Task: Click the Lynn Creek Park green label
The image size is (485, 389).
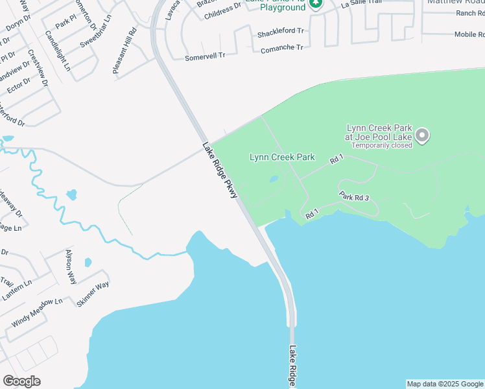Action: coord(282,157)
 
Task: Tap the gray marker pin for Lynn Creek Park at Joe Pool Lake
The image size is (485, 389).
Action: coord(422,136)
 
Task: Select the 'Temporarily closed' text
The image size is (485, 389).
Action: coord(382,145)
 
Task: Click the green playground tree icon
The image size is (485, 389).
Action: coord(315,3)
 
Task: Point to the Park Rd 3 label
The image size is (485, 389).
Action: coord(353,196)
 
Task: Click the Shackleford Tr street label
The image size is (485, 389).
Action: coord(280,31)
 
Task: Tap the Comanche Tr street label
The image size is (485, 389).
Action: coord(281,48)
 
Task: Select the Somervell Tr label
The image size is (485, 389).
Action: coord(205,56)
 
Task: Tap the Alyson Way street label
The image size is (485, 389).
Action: coord(71,266)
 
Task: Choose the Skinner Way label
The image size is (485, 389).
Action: coord(93,294)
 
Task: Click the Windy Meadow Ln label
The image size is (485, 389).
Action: coord(37,311)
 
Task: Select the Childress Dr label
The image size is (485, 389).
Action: coord(222,9)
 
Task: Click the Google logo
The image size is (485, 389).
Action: coord(21,381)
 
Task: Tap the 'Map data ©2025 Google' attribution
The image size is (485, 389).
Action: coord(445,384)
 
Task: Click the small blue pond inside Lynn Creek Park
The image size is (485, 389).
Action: coord(274,179)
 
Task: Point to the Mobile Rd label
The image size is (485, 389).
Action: coord(469,34)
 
